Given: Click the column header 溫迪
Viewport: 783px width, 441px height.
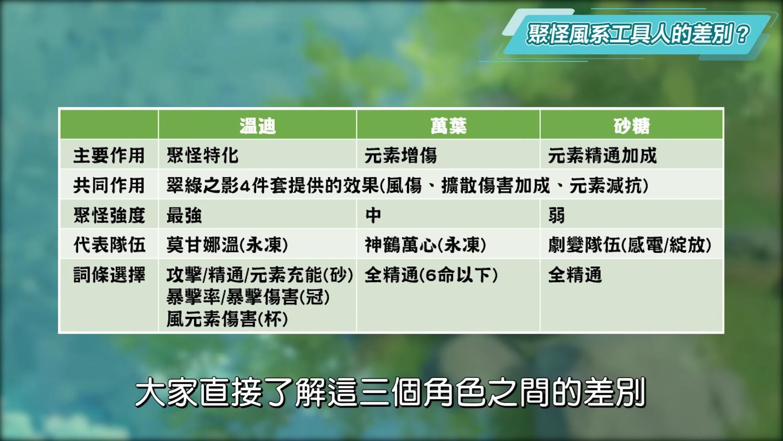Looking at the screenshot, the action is [x=257, y=126].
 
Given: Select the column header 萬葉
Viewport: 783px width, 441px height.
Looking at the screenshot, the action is [x=449, y=126].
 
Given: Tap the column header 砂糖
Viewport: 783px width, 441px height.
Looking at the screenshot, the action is [x=632, y=126].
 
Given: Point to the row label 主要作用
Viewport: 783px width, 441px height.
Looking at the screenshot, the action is [x=109, y=156].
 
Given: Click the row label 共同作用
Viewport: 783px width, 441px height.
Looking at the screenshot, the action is [x=109, y=185].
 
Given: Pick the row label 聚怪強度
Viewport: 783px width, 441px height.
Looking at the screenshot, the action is [x=109, y=215].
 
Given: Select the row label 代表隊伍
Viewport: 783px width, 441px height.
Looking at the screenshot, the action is [x=109, y=245].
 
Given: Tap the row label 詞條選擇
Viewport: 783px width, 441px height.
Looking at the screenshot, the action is [x=109, y=275].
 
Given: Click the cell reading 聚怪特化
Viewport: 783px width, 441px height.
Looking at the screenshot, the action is [x=202, y=156].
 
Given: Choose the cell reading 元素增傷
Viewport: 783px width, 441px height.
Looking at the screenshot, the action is [x=401, y=156].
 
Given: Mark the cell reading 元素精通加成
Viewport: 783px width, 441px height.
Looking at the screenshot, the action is [x=602, y=156].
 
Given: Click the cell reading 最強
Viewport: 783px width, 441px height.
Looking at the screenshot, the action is [x=184, y=215].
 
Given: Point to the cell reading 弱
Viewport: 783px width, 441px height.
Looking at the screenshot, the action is [x=557, y=215].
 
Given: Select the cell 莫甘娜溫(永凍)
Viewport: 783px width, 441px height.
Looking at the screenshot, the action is [x=228, y=245].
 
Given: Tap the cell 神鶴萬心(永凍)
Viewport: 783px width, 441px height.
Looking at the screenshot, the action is [x=426, y=245].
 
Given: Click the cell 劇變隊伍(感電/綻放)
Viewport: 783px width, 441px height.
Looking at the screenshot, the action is [x=630, y=245].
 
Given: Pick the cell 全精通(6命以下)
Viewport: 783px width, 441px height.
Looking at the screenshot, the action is [x=431, y=275].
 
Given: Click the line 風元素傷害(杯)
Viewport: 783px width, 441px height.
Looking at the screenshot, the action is [x=228, y=319].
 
